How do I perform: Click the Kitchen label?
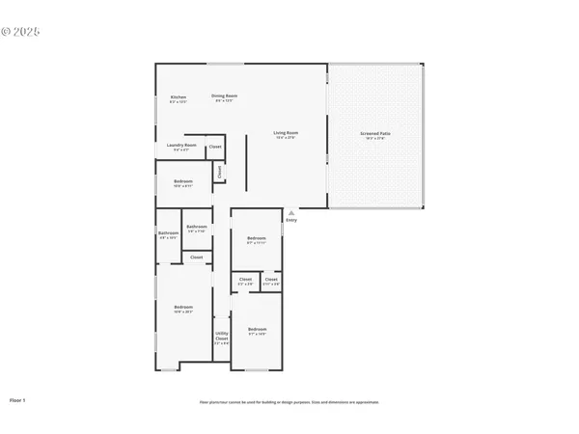(179, 97)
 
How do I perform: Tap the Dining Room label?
(226, 96)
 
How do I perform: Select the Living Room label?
(286, 134)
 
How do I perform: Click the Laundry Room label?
(181, 147)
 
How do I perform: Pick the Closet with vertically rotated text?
(220, 172)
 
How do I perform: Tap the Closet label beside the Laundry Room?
(215, 147)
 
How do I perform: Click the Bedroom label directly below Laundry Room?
(182, 182)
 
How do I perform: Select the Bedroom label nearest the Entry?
(256, 240)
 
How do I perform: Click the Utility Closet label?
(221, 339)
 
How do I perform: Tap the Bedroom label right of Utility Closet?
(256, 331)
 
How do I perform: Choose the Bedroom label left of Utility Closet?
(182, 310)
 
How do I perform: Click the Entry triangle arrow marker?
(290, 212)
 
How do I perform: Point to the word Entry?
(290, 221)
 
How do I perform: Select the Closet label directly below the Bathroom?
(196, 258)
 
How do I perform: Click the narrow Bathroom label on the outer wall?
(167, 234)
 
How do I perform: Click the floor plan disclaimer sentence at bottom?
(289, 401)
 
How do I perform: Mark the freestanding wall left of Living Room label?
(245, 158)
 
